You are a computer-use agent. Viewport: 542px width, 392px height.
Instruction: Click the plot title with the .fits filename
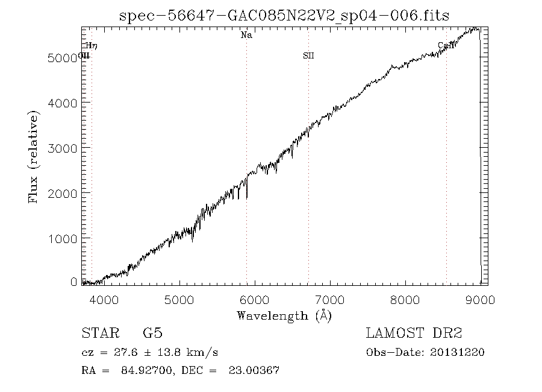point(284,16)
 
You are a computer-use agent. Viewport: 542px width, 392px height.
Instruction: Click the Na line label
point(246,36)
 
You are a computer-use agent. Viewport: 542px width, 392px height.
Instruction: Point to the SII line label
point(308,56)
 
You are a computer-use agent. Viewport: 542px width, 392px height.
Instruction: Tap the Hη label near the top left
point(92,45)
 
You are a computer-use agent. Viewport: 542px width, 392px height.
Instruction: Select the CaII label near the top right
point(446,45)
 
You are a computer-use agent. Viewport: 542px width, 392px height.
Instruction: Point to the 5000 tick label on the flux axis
point(61,58)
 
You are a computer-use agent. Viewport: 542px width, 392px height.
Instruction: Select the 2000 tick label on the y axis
point(61,192)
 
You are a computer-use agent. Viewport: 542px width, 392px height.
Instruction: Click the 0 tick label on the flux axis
point(73,282)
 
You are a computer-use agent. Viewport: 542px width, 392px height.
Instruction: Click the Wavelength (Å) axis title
point(284,315)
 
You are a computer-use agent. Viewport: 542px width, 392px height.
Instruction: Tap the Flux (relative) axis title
point(34,156)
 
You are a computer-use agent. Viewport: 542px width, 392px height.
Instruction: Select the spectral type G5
point(152,333)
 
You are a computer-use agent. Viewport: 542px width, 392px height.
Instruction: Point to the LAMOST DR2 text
point(414,333)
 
